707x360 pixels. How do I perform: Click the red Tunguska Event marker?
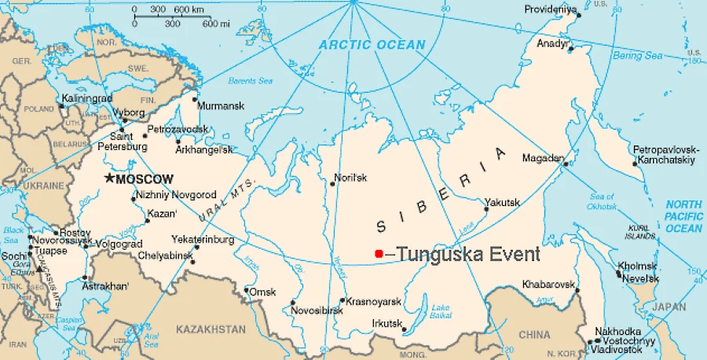click(379, 253)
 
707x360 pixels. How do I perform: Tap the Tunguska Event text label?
click(468, 254)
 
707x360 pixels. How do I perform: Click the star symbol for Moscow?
click(109, 179)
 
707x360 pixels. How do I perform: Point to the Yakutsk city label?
click(502, 202)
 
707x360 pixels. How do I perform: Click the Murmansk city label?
click(221, 105)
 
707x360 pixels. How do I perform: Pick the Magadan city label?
click(542, 158)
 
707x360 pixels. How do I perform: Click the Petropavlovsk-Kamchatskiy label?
click(664, 155)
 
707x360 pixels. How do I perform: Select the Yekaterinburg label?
click(203, 239)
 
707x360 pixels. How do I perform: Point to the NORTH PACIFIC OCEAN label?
click(683, 216)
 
